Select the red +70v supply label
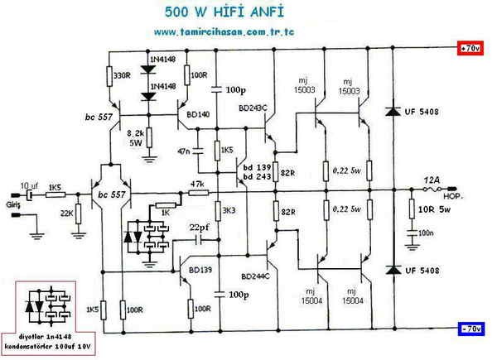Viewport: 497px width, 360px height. coord(470,48)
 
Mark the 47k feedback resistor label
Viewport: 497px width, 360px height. coord(197,184)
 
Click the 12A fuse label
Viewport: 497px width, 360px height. coord(432,179)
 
